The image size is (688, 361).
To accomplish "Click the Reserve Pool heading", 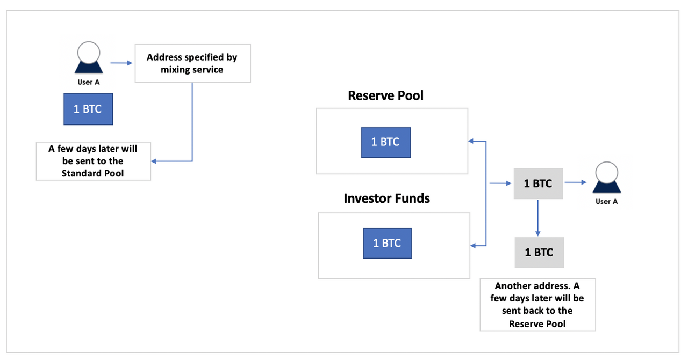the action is click(x=385, y=95).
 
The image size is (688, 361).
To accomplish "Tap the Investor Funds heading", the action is click(x=386, y=198).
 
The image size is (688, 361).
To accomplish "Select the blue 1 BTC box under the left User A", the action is click(x=88, y=109).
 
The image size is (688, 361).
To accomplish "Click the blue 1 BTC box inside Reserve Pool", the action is click(x=386, y=143).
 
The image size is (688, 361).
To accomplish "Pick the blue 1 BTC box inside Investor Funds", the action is click(x=388, y=244).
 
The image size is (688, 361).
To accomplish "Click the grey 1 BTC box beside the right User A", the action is click(x=538, y=183).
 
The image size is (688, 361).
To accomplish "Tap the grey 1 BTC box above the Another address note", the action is click(x=539, y=253).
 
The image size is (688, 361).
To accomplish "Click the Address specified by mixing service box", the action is click(x=193, y=63).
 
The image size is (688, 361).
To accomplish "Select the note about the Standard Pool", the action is click(x=94, y=161).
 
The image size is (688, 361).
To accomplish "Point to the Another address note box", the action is click(x=538, y=305).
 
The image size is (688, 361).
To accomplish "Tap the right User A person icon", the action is click(x=607, y=177).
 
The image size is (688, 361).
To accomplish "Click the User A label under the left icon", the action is click(x=89, y=82).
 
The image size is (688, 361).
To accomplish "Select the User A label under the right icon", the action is click(x=607, y=201).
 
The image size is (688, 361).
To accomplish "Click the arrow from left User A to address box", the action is click(x=121, y=63).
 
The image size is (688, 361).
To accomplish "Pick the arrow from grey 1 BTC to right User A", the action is click(x=576, y=182).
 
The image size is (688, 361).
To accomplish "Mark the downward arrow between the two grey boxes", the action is click(x=538, y=218).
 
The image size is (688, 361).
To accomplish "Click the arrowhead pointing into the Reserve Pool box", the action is click(x=470, y=141).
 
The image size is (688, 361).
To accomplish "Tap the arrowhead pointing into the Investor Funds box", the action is click(x=473, y=246).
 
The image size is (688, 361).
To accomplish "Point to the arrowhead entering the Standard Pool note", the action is click(x=154, y=161).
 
